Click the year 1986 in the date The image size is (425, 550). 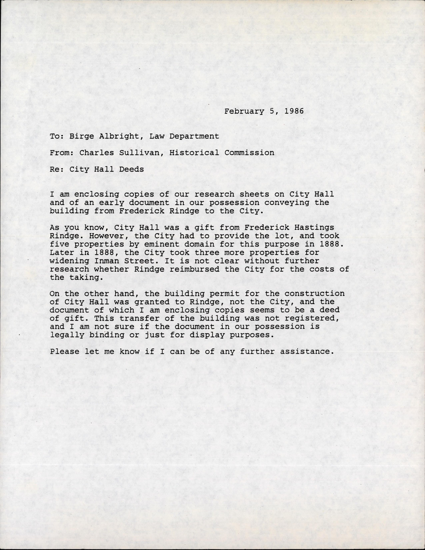coord(294,111)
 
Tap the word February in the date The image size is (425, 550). coord(244,111)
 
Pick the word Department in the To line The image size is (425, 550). coord(198,136)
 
